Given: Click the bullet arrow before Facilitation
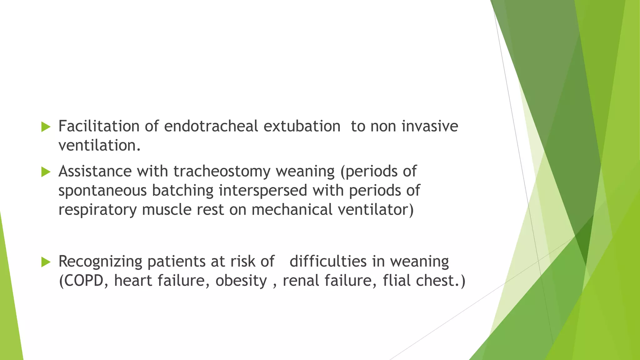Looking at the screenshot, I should [46, 127].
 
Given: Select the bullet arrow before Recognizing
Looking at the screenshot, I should [46, 262].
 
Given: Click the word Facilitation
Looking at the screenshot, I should [99, 127].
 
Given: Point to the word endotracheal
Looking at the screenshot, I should [211, 127].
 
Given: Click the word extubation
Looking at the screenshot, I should [302, 127].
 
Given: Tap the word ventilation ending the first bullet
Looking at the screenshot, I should [99, 146].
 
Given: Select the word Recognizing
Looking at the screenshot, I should [100, 262].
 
